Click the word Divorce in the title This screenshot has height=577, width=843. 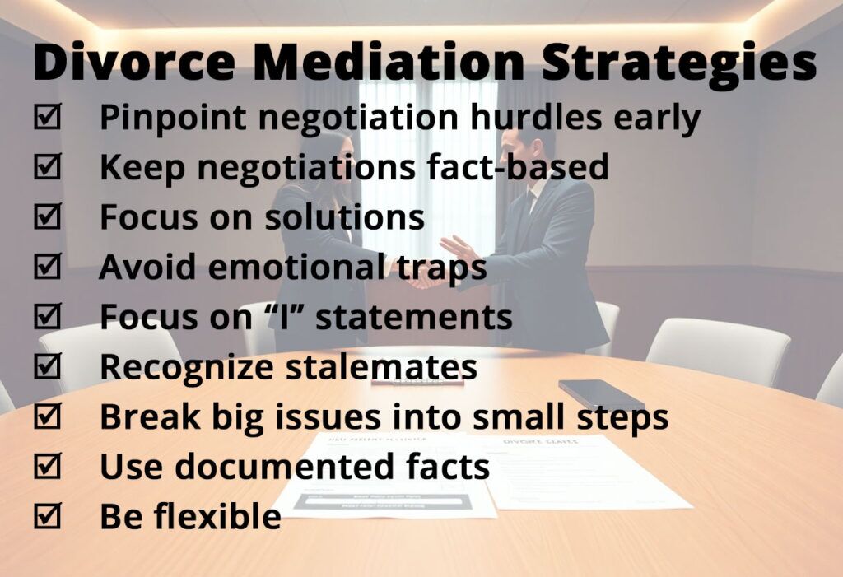[134, 61]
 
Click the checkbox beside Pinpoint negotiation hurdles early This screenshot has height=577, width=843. [48, 116]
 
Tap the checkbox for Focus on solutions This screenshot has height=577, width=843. [48, 216]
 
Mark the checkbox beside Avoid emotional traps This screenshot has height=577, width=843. [48, 266]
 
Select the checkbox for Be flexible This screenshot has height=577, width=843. [48, 515]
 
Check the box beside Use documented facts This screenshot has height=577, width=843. [48, 465]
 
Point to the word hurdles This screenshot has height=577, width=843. [536, 116]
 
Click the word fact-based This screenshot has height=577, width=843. [518, 166]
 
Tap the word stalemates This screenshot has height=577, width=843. [381, 366]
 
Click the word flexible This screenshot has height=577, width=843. [217, 516]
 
